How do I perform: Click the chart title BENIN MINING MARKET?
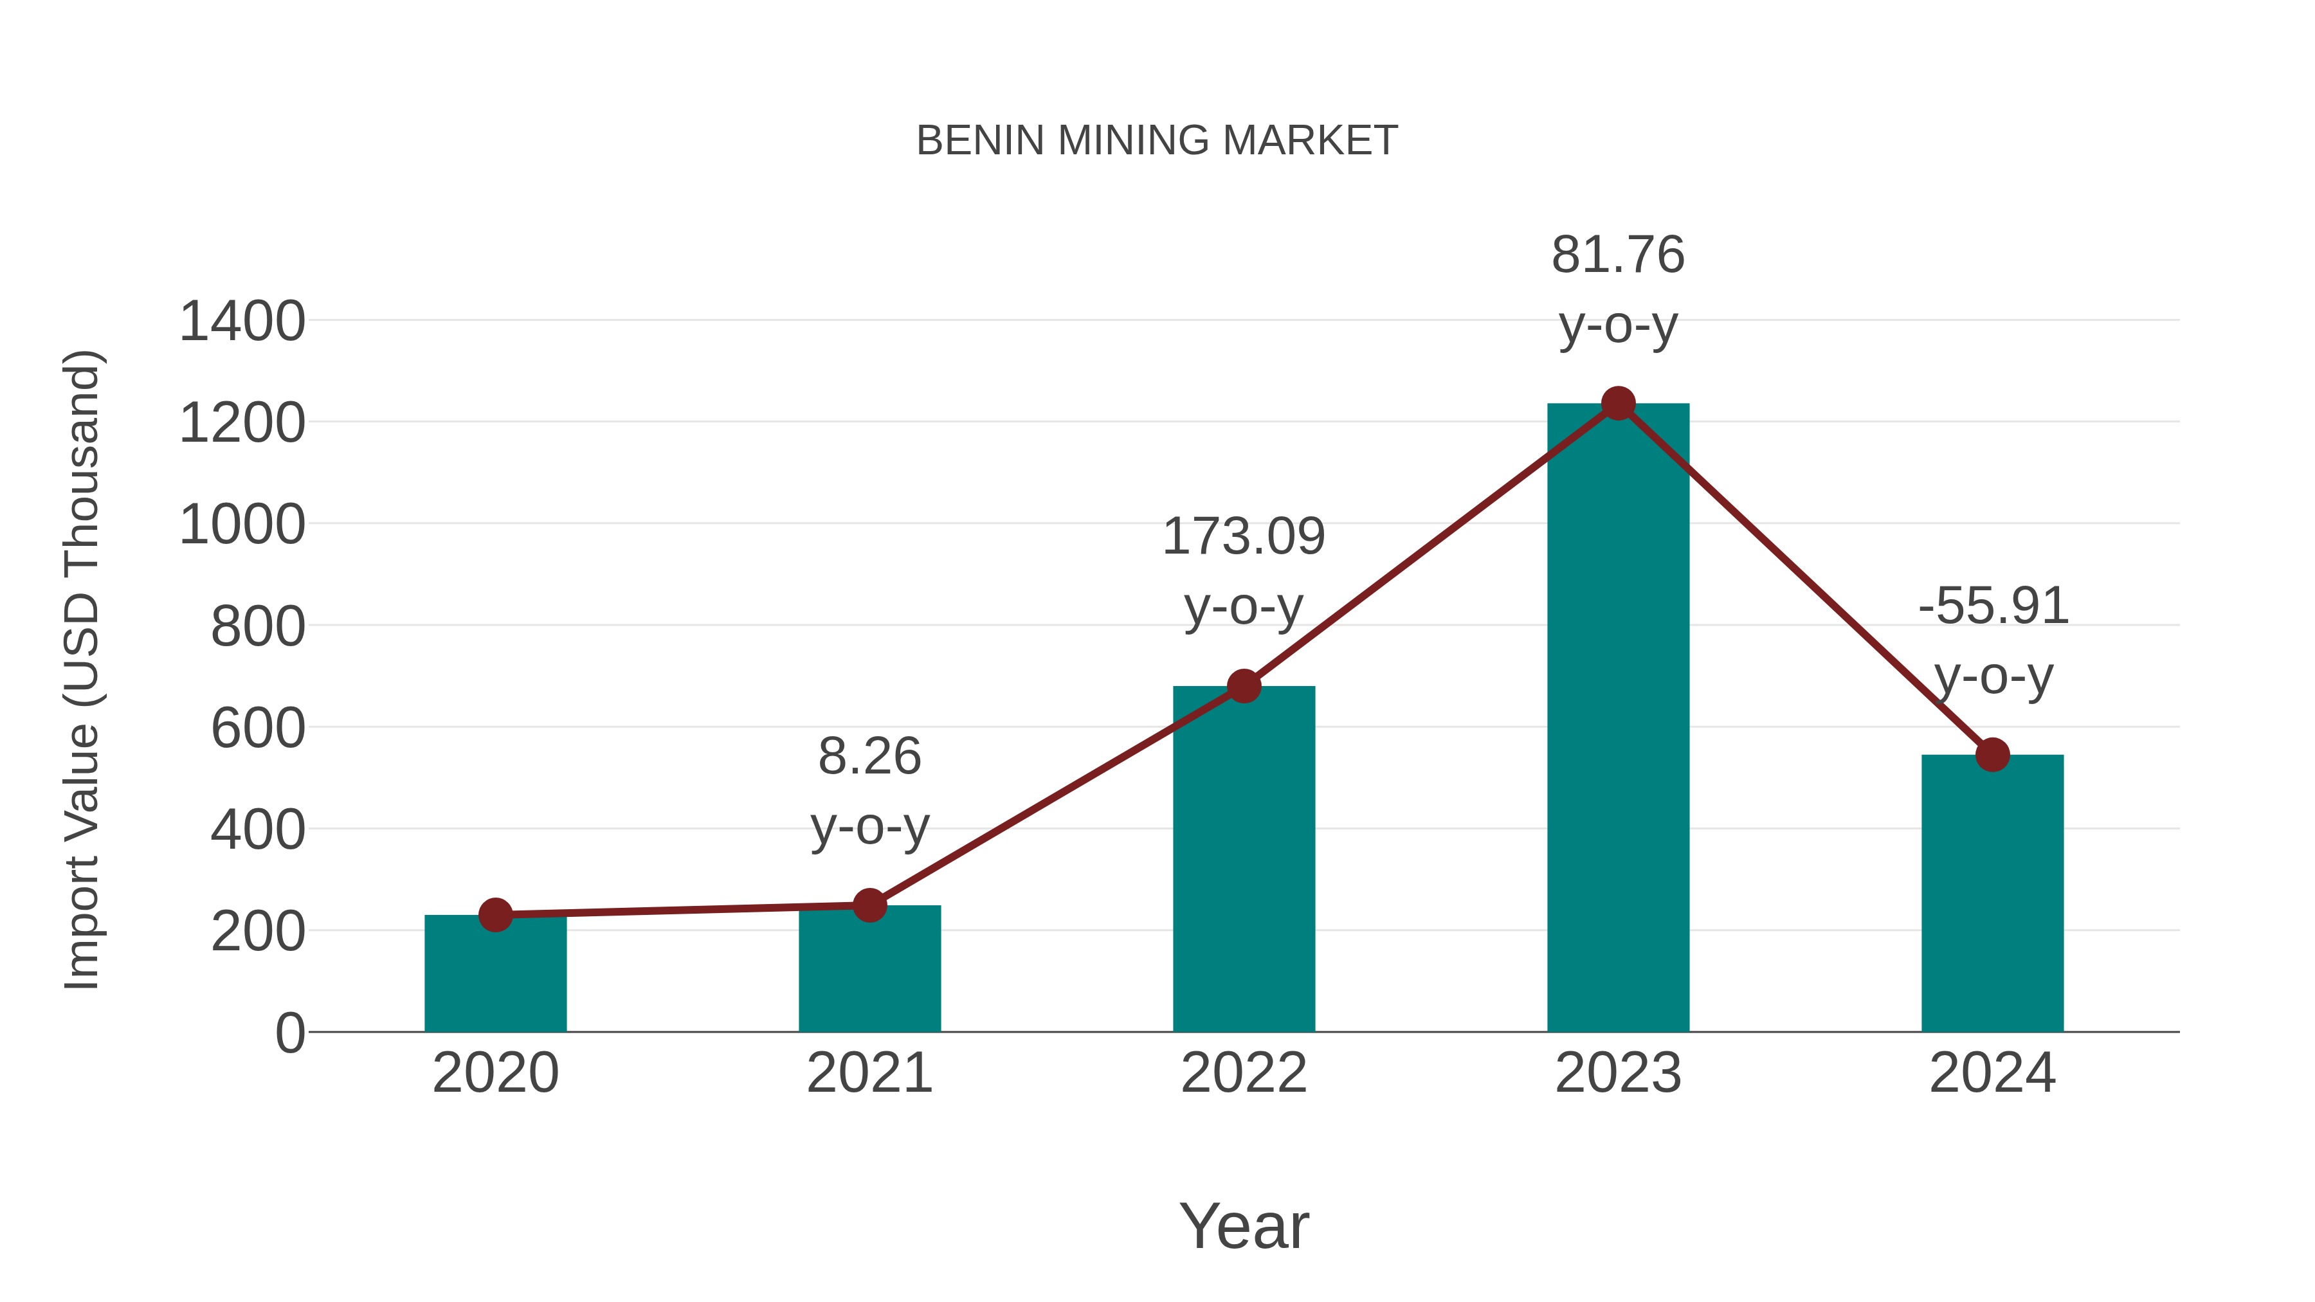point(1157,141)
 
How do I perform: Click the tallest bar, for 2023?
point(1618,718)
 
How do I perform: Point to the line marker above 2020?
point(495,916)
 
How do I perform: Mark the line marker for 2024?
point(1992,755)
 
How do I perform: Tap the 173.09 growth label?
point(1244,538)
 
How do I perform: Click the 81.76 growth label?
point(1618,255)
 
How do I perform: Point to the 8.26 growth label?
point(869,757)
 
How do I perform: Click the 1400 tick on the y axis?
point(242,321)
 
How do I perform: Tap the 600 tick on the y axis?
point(258,728)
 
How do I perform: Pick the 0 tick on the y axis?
point(289,1033)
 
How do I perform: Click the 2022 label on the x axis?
point(1244,1074)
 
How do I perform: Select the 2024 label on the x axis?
point(1992,1074)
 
